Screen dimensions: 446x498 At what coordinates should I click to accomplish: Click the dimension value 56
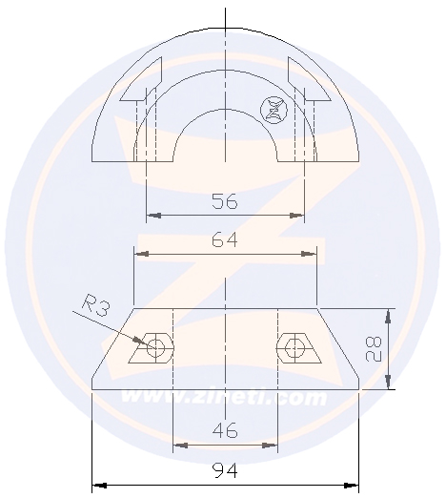click(x=225, y=201)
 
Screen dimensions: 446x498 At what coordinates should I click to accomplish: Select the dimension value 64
click(x=225, y=239)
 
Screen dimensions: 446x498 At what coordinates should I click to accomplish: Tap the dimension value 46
click(x=225, y=430)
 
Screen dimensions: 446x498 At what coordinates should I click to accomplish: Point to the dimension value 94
click(x=225, y=470)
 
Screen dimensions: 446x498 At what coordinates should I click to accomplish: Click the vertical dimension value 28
click(x=373, y=349)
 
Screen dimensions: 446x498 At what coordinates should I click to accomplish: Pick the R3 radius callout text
click(x=95, y=305)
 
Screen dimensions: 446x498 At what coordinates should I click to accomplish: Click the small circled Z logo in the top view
click(x=274, y=110)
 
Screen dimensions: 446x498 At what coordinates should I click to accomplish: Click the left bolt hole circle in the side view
click(x=155, y=347)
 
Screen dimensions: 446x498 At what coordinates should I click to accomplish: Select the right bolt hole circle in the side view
click(x=294, y=348)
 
